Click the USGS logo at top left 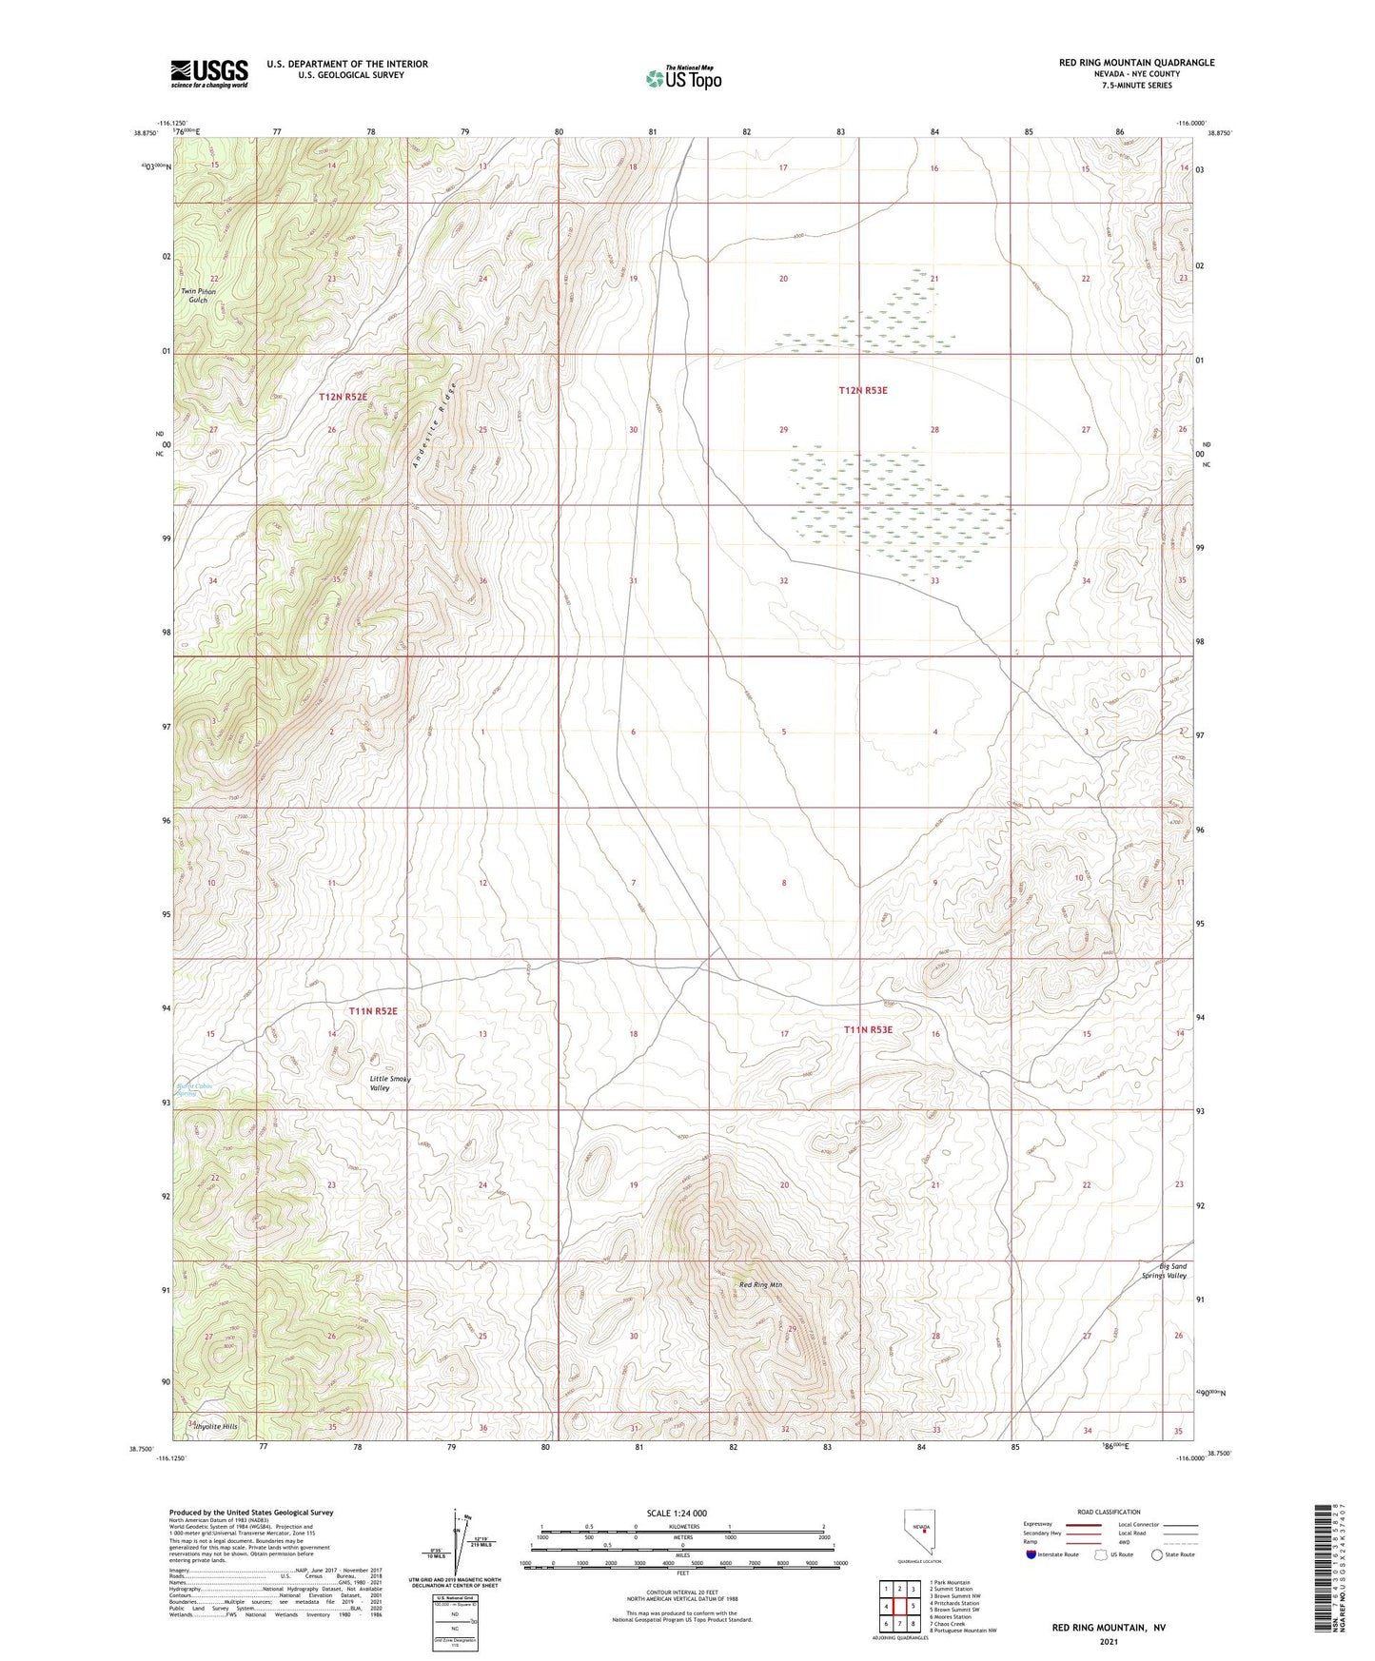coord(209,73)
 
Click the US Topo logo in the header coord(682,78)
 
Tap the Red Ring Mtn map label coord(760,1285)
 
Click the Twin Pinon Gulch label coord(199,296)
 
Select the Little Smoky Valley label coord(390,1083)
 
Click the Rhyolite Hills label coord(215,1427)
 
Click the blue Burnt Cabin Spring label coord(194,1089)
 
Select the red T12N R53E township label coord(862,390)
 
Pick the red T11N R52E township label coord(372,1011)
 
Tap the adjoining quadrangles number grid coord(899,1607)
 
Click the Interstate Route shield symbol coord(1031,1554)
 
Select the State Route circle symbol coord(1157,1554)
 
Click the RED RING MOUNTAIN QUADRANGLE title coord(1136,63)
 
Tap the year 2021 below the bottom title coord(1108,1641)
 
